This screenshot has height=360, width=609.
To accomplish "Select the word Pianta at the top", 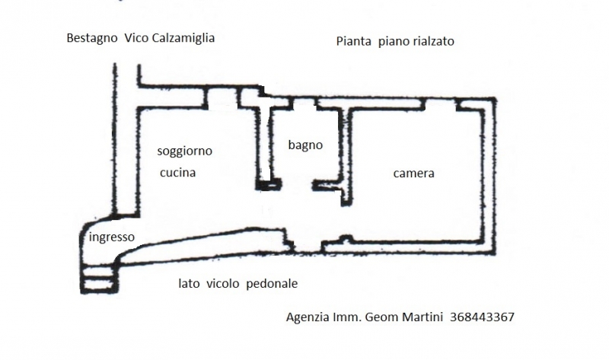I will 353,42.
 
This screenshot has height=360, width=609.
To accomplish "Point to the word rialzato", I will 432,42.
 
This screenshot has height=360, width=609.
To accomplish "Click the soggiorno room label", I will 184,151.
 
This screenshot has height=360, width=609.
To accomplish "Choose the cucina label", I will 177,173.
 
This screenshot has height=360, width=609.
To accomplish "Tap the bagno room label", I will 305,145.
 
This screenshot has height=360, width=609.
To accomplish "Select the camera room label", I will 413,174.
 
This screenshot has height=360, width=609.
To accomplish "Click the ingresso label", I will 112,237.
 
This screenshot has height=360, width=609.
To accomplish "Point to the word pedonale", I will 272,284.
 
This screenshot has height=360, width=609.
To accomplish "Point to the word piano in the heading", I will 391,42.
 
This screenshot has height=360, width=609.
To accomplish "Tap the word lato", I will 190,284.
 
